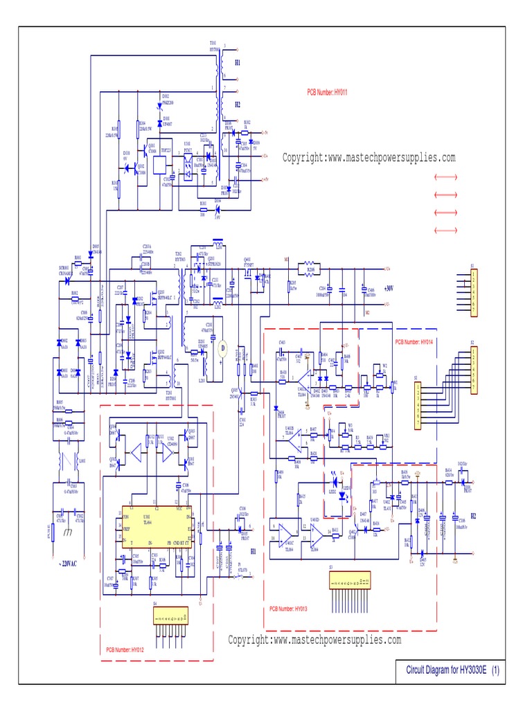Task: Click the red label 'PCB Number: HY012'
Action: (x=125, y=649)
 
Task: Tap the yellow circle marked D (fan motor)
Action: (x=222, y=346)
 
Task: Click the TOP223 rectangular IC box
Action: (x=159, y=163)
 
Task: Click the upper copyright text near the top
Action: (x=369, y=158)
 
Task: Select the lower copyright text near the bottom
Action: (x=314, y=640)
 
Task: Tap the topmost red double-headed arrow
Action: (x=445, y=178)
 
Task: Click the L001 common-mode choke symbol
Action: (x=67, y=460)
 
